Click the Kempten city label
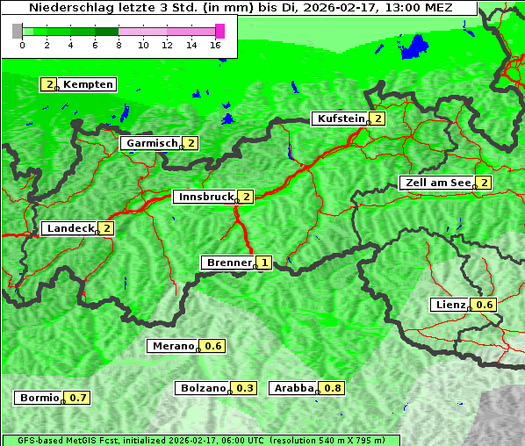click(x=88, y=84)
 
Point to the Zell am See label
click(x=436, y=183)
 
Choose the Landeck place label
click(x=70, y=228)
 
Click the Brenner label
click(x=228, y=263)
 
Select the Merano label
click(x=172, y=346)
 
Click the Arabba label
click(x=293, y=388)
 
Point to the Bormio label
click(x=40, y=398)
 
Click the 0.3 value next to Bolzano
click(x=245, y=388)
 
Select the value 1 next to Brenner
click(x=263, y=263)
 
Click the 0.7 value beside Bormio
click(x=79, y=398)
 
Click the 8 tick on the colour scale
click(x=119, y=45)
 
